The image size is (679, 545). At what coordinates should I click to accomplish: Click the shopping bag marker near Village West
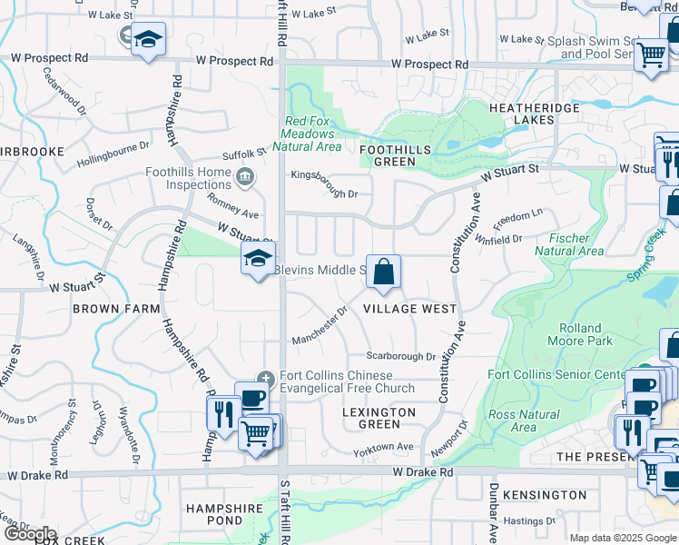pos(384,271)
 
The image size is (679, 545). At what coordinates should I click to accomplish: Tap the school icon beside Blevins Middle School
pos(258,259)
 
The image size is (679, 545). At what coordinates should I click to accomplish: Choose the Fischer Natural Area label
pos(569,244)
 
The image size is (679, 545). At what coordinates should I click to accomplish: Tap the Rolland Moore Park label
pos(581,334)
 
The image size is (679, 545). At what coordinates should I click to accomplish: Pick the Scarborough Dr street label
pos(401,356)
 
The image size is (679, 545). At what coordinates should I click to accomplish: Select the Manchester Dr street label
pos(320,326)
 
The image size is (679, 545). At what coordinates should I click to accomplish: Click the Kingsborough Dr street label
pos(324,183)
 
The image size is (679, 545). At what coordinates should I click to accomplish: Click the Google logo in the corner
pos(29,534)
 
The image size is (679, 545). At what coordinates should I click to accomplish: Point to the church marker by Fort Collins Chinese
pos(265,378)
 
